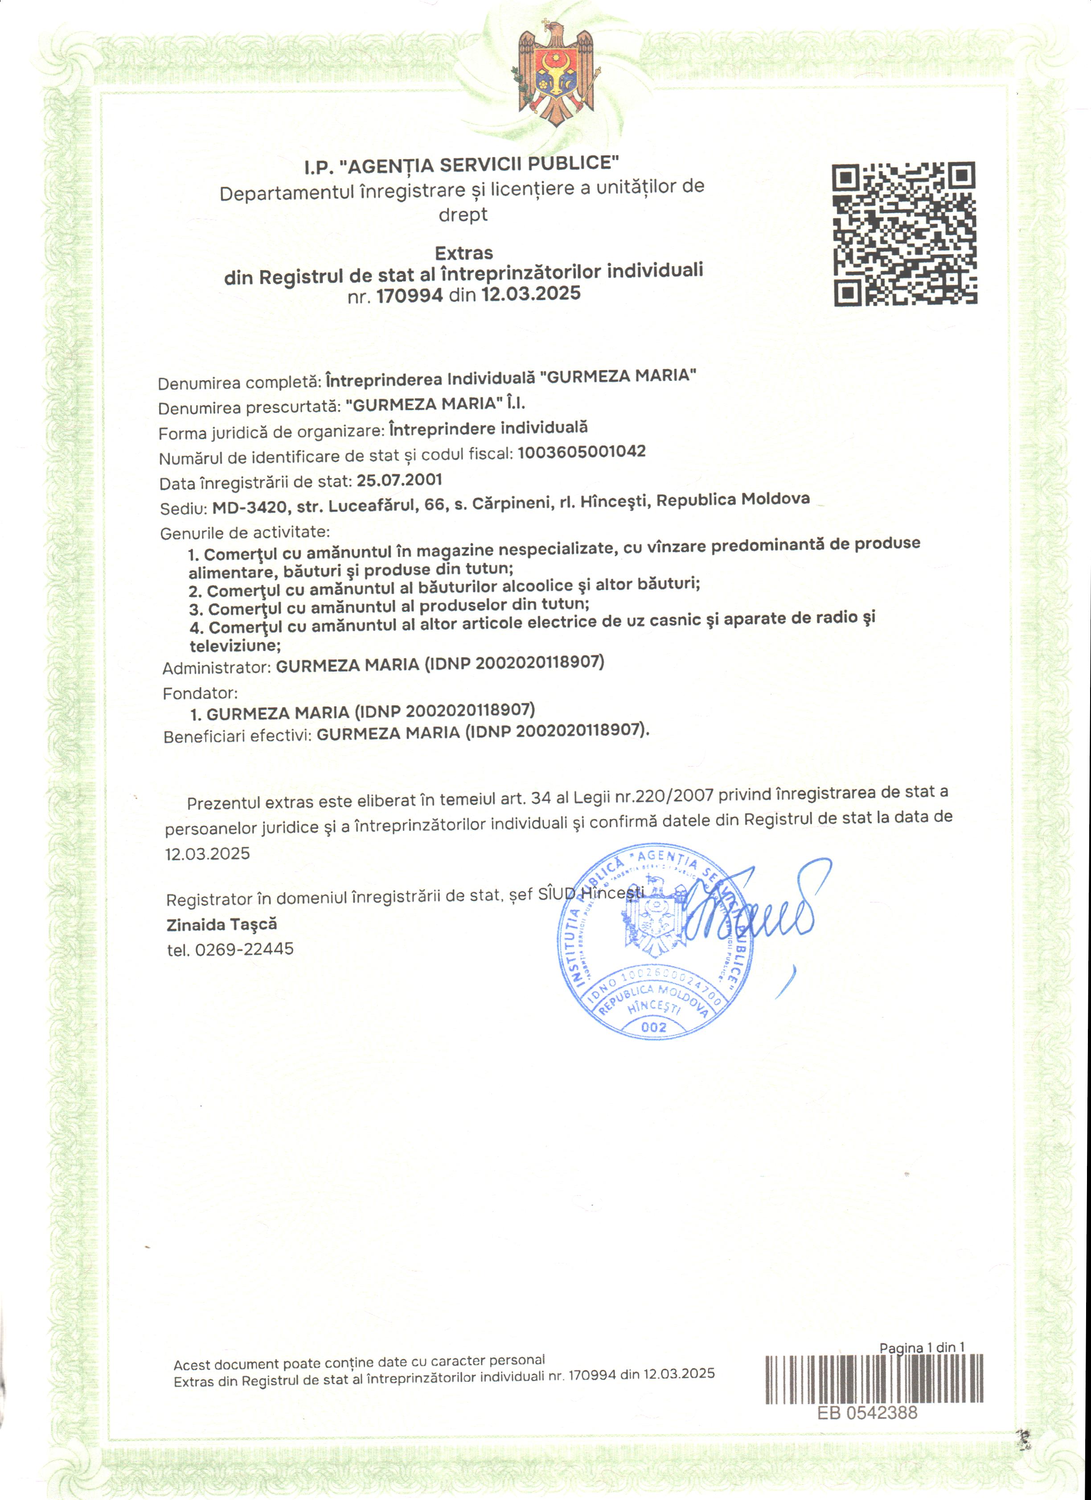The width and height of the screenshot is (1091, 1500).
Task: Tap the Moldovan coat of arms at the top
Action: click(555, 73)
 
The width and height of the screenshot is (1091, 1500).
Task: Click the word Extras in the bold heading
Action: click(463, 253)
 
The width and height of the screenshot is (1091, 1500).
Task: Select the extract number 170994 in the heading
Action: click(409, 295)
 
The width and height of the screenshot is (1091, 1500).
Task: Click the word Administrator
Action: click(216, 668)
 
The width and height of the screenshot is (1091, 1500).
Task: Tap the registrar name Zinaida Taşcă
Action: click(221, 925)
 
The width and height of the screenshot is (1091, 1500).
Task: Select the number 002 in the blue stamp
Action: click(653, 1027)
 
